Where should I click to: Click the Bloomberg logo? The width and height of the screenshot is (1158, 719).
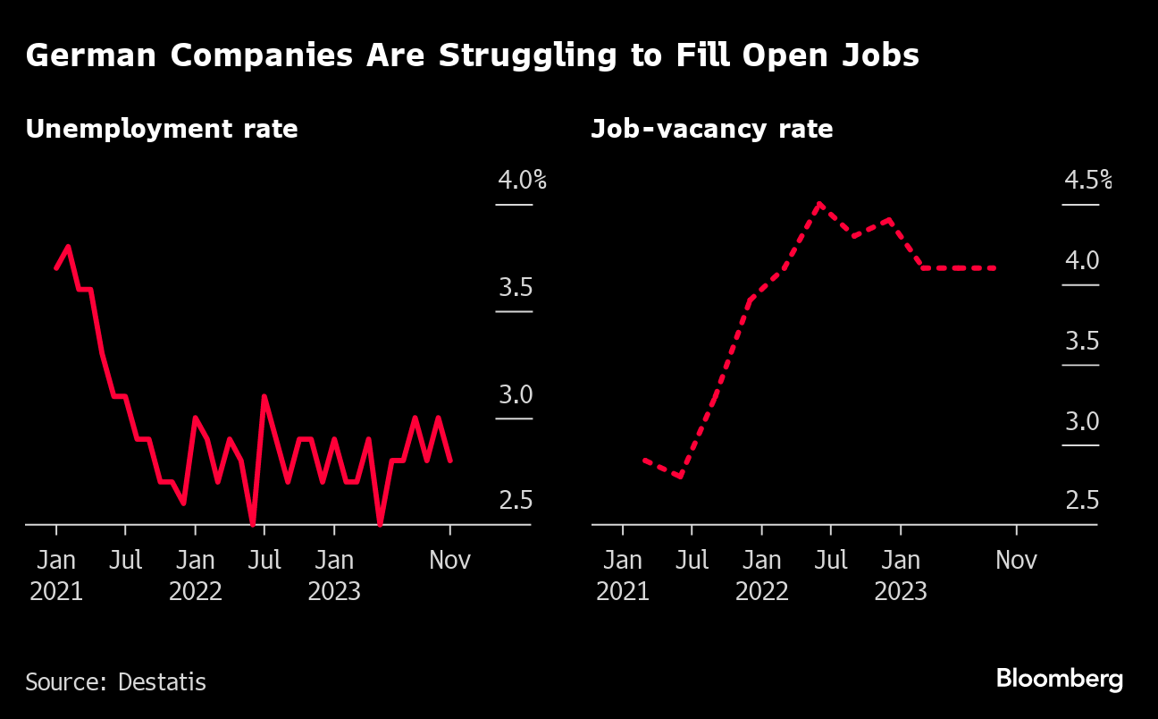[x=1060, y=679]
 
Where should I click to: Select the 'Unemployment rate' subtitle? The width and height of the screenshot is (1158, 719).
[x=162, y=129]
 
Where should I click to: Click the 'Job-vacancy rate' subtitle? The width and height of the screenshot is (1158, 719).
[x=712, y=129]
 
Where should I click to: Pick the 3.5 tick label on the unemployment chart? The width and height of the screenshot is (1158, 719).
[x=516, y=288]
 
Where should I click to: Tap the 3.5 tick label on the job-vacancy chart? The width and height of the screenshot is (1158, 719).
[x=1081, y=341]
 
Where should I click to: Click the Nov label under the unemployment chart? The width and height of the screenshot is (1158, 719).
[x=449, y=561]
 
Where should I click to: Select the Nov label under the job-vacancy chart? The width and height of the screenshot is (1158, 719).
[x=1016, y=561]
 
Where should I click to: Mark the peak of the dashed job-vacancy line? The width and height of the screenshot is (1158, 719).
[x=818, y=205]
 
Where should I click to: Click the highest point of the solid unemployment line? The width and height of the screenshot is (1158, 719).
[x=68, y=247]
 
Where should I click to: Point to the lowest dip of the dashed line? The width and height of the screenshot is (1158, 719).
[x=681, y=476]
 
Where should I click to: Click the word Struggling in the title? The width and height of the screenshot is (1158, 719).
[x=520, y=56]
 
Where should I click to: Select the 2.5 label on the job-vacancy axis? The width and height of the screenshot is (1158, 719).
[x=1081, y=500]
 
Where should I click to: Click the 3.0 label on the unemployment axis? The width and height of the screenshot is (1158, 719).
[x=516, y=394]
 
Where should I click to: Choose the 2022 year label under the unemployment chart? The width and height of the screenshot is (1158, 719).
[x=195, y=591]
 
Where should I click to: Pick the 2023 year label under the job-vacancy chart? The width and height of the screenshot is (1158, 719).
[x=901, y=591]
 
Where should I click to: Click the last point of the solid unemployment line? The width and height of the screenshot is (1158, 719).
[x=450, y=461]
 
